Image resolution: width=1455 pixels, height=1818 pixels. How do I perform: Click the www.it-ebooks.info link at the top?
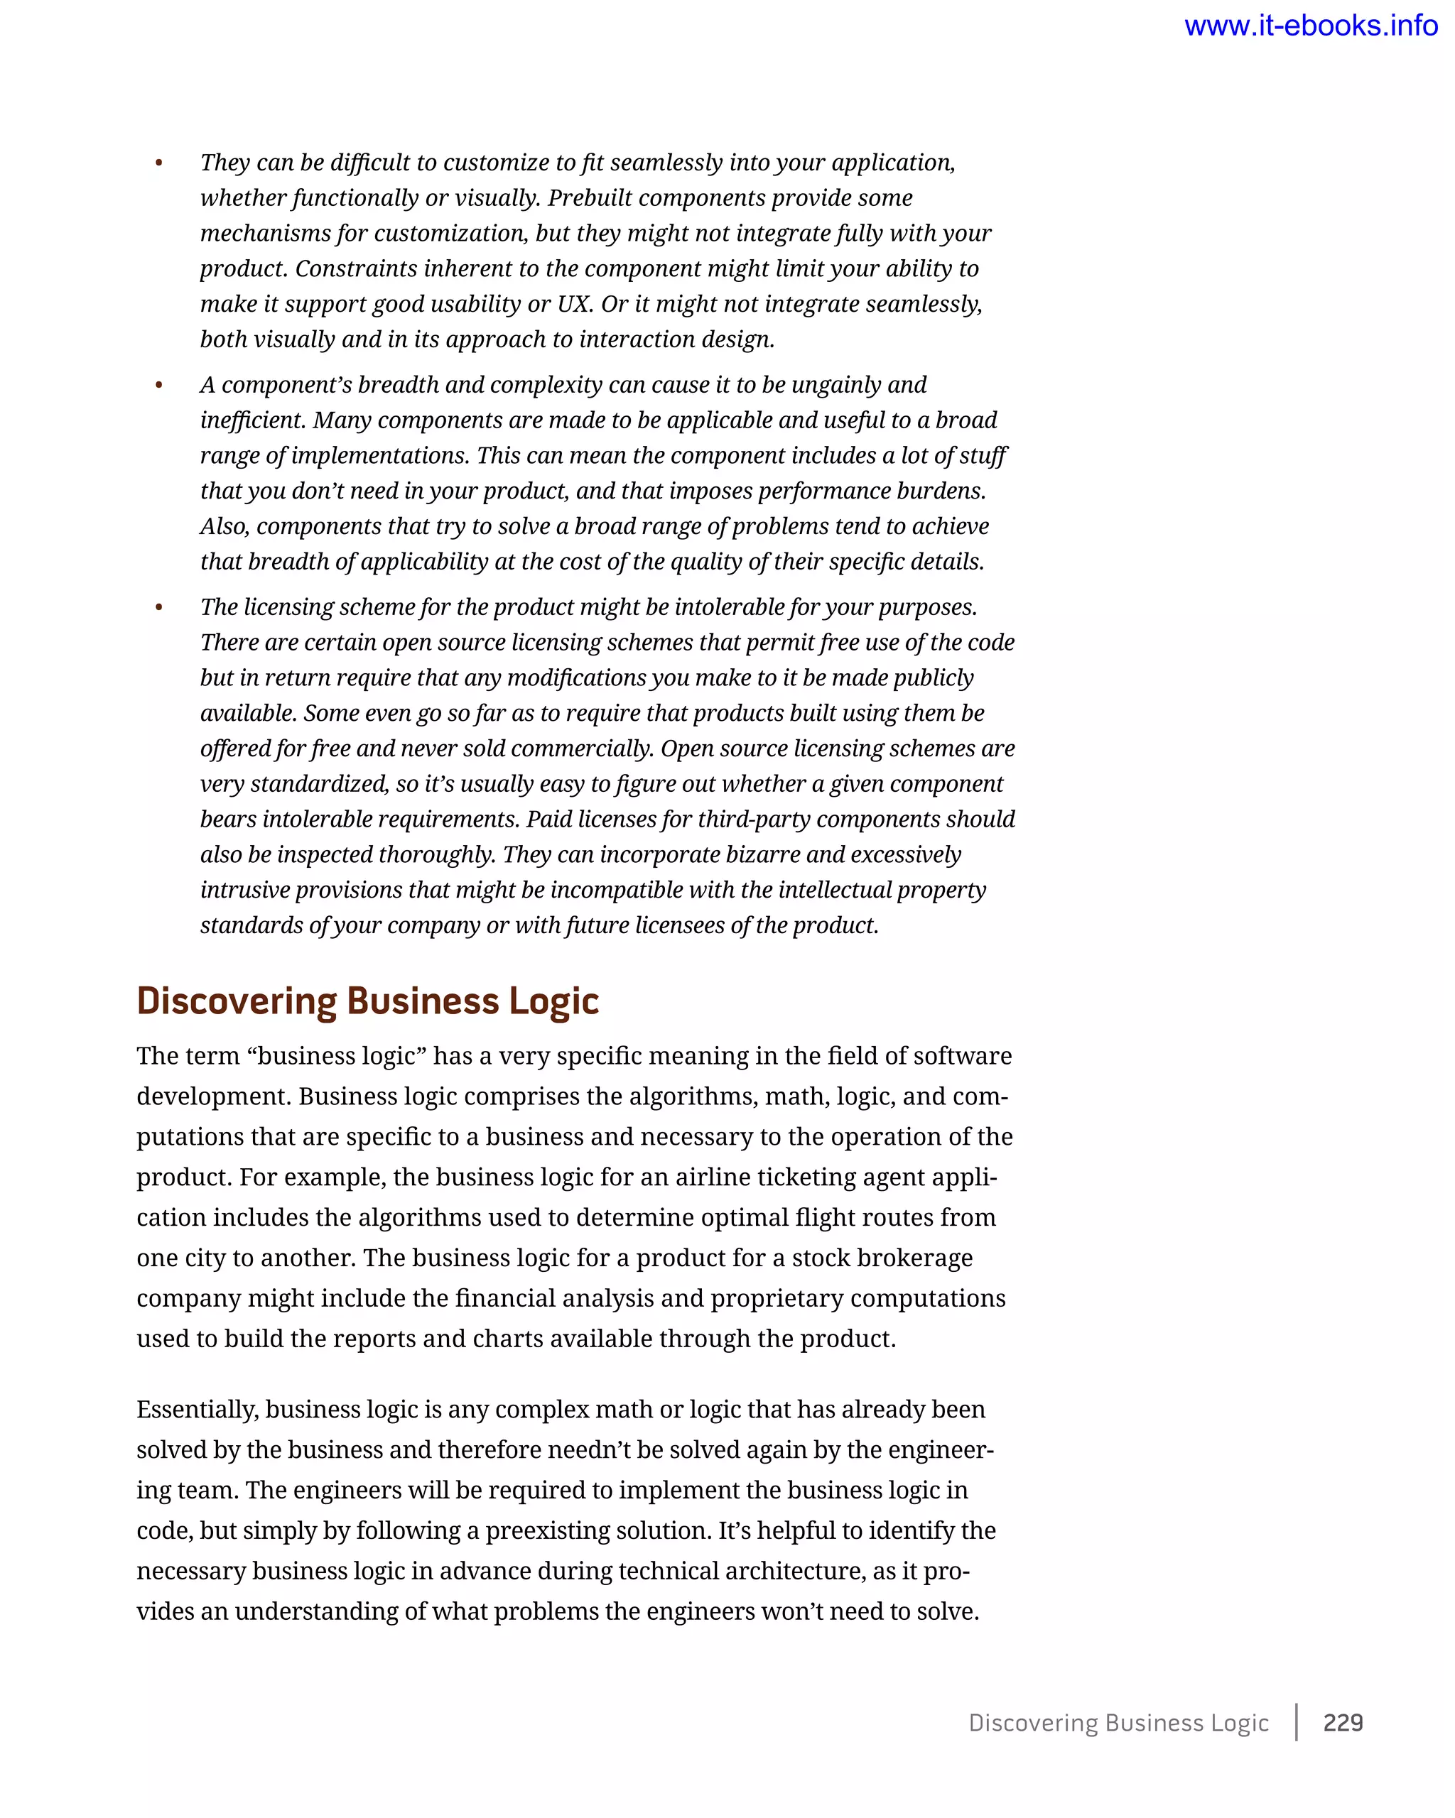tap(1310, 26)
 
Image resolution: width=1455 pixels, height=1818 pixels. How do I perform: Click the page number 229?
tap(1343, 1722)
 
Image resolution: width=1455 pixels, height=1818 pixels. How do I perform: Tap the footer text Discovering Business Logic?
tap(1118, 1723)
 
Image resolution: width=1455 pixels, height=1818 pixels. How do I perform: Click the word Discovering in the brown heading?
tap(236, 1002)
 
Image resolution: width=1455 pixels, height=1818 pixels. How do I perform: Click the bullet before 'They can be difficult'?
tap(158, 163)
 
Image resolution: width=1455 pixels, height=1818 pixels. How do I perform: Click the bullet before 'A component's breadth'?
tap(158, 386)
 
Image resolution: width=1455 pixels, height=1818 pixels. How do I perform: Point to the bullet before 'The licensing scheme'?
tap(158, 608)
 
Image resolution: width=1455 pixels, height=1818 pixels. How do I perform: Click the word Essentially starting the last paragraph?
tap(198, 1409)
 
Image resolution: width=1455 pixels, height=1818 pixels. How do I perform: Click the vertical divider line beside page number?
tap(1297, 1722)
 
